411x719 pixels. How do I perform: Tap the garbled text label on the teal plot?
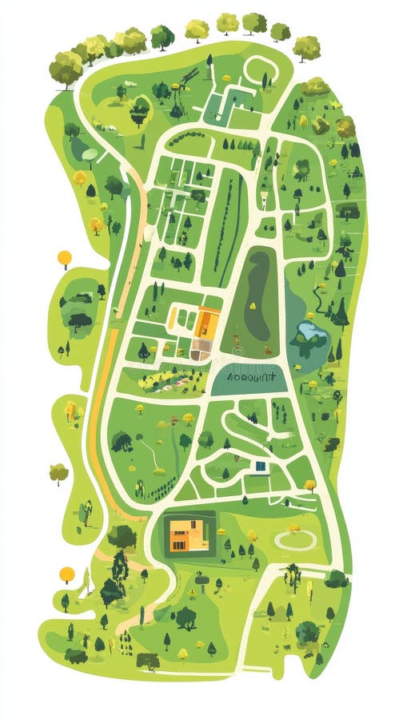[250, 376]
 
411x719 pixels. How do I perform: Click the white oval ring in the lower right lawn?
[295, 540]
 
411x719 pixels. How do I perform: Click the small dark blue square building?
[261, 466]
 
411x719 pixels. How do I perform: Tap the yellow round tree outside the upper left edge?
[65, 257]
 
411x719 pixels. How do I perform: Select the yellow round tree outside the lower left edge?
[67, 574]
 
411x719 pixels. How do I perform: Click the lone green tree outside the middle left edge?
[58, 473]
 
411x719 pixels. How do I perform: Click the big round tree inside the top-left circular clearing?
[140, 111]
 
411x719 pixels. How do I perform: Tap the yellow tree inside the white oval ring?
[294, 529]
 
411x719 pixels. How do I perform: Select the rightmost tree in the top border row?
[306, 48]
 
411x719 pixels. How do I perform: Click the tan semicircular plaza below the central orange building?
[200, 349]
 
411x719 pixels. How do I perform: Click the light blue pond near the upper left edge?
[90, 154]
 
